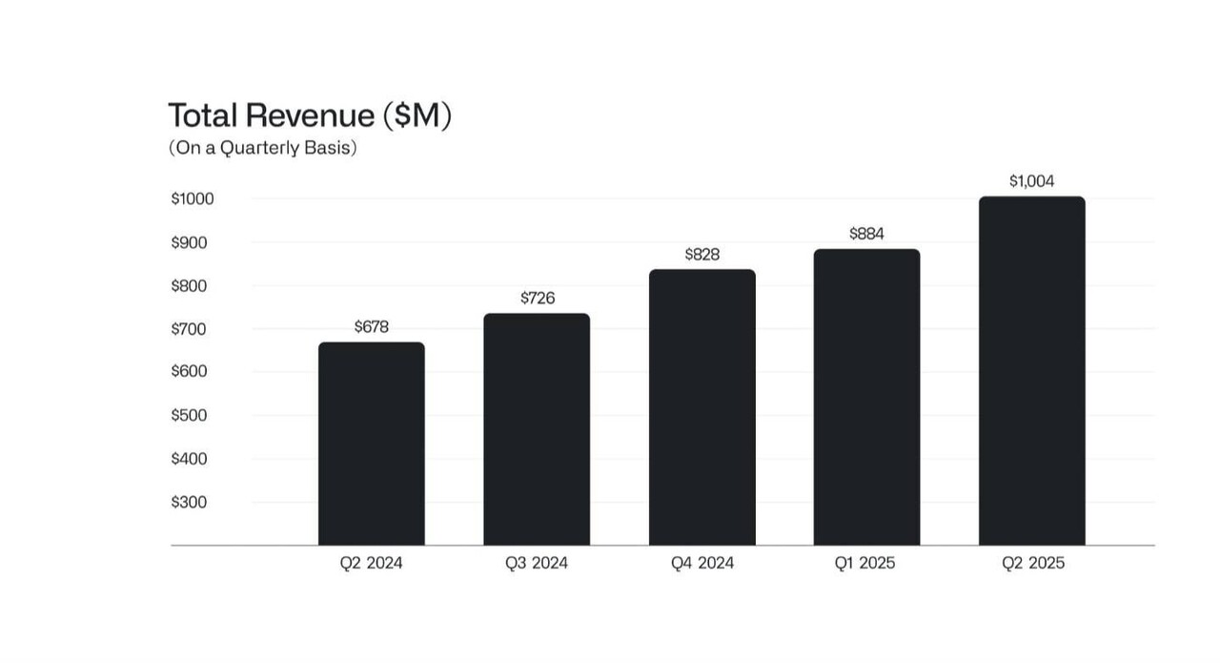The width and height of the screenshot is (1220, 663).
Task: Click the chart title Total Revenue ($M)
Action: pos(310,115)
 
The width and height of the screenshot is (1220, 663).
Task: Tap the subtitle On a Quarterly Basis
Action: pos(262,149)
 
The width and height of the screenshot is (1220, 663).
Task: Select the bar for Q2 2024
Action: pos(371,444)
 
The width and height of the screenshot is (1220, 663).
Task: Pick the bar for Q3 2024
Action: pos(537,429)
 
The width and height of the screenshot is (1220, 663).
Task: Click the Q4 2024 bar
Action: pos(702,407)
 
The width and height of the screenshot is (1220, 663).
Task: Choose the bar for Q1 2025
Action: pos(866,397)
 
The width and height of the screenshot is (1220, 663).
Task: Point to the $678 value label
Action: pos(371,326)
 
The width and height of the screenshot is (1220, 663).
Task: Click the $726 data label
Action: pos(538,298)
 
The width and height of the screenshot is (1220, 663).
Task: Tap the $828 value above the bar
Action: pos(702,255)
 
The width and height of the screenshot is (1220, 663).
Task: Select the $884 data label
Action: pos(866,234)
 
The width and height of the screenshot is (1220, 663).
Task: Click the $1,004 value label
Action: pos(1032,181)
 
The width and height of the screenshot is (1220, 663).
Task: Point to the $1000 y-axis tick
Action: pos(193,199)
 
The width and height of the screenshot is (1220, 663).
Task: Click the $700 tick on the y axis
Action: pos(189,329)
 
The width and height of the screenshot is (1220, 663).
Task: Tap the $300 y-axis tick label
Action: pos(189,502)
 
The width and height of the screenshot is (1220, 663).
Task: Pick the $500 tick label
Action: pos(189,415)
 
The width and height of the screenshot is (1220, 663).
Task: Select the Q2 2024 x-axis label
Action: pos(371,563)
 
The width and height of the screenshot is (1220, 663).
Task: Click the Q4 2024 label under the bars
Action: pos(702,563)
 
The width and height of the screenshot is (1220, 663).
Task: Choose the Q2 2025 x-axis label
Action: pos(1032,563)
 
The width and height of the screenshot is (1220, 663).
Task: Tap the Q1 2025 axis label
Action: pos(865,563)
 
